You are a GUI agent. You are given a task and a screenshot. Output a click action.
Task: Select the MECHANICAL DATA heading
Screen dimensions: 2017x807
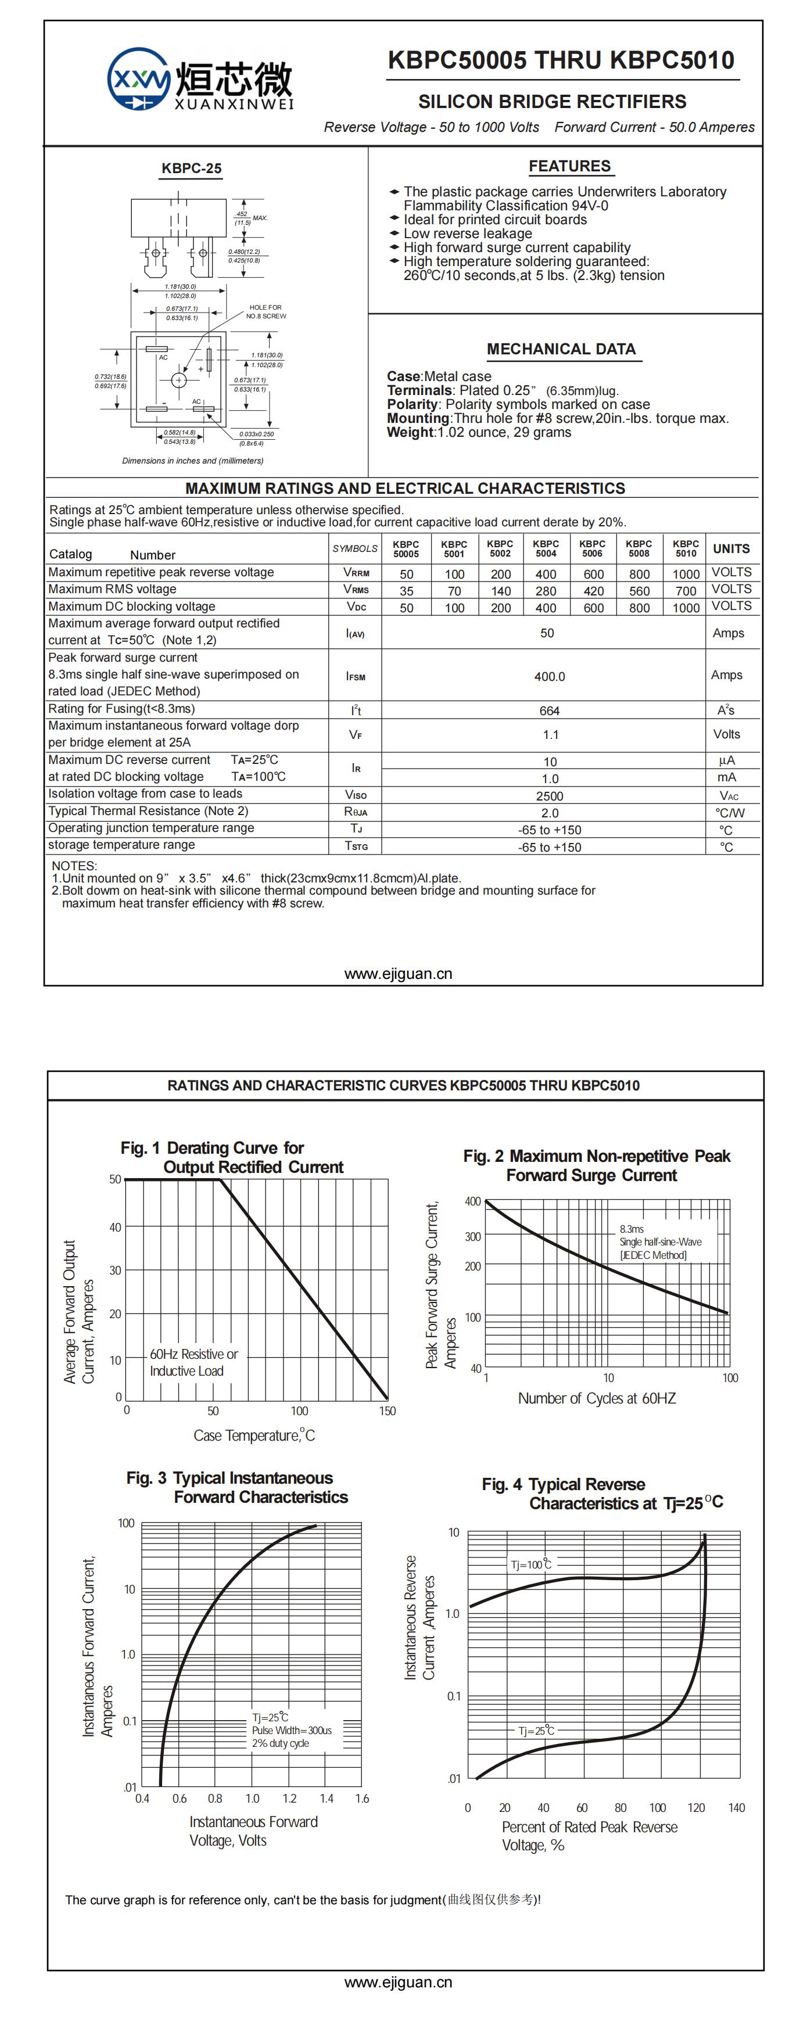[x=561, y=349]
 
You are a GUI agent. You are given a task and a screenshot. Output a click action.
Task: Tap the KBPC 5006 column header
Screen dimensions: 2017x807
[x=593, y=548]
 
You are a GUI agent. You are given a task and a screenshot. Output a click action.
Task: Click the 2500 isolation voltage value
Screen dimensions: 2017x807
[x=550, y=795]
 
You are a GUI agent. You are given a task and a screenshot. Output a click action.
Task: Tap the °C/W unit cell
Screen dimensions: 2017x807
[x=730, y=813]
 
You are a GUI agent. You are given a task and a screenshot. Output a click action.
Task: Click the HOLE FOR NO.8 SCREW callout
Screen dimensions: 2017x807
[x=266, y=311]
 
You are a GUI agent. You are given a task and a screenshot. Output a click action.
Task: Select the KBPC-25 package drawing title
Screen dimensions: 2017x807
[x=191, y=168]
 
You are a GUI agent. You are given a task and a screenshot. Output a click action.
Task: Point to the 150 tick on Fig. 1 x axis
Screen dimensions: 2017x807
[x=388, y=1411]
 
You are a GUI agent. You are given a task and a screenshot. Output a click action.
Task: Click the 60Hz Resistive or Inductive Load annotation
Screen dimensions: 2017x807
[x=193, y=1362]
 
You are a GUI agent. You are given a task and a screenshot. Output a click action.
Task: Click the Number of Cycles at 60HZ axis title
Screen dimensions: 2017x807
[x=597, y=1398]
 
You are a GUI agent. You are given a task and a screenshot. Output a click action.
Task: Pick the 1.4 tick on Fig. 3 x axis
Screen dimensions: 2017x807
[x=327, y=1799]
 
